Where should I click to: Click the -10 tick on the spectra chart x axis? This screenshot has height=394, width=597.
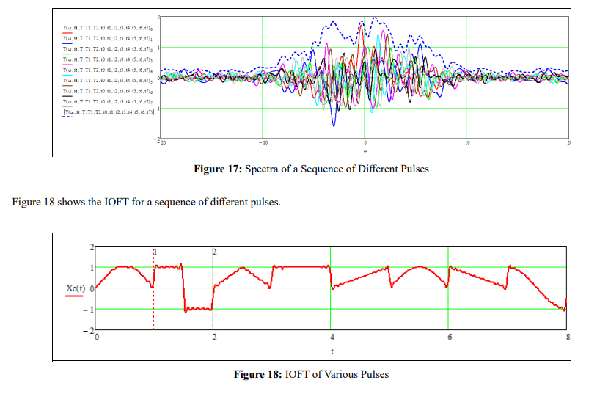[263, 142]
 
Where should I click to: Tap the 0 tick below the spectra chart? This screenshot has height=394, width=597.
[365, 142]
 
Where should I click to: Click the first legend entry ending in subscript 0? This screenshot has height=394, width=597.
[107, 28]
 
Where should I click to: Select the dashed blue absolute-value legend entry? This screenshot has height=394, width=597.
[107, 112]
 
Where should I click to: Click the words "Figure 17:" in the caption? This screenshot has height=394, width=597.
[217, 169]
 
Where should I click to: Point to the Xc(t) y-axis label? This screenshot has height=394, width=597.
[76, 288]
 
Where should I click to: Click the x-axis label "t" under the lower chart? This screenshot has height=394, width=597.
[332, 351]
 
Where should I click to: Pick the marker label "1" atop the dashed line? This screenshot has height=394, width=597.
[155, 252]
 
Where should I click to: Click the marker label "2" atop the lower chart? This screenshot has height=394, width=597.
[214, 252]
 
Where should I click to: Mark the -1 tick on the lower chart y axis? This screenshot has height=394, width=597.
[90, 309]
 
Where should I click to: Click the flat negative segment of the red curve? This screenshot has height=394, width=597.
[198, 310]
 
